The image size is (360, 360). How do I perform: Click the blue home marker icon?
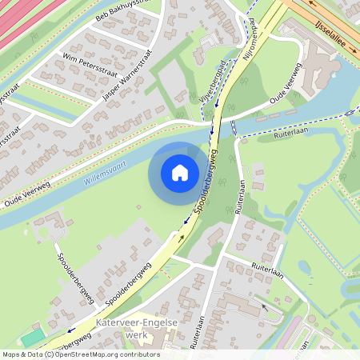179,172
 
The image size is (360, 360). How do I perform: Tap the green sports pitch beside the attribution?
32,338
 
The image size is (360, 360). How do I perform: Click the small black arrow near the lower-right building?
265,306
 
